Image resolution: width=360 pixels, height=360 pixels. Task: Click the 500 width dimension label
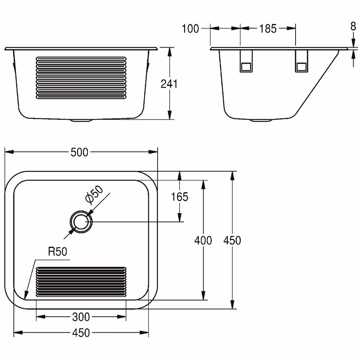pos(80,152)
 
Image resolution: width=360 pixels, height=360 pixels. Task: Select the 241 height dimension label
pos(169,84)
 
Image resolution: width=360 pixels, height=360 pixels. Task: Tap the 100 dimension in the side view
pos(190,29)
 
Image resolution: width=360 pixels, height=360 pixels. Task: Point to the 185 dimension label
pos(268,29)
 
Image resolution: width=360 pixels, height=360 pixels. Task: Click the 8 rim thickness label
pos(353,27)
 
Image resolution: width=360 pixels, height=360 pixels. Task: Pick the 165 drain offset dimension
pos(180,197)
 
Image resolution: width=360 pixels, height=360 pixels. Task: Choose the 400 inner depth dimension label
pos(203,241)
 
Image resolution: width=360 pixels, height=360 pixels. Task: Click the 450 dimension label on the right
pos(232,241)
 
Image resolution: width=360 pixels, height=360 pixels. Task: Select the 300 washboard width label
pos(81,317)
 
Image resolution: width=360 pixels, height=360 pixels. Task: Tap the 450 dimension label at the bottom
pos(81,333)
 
